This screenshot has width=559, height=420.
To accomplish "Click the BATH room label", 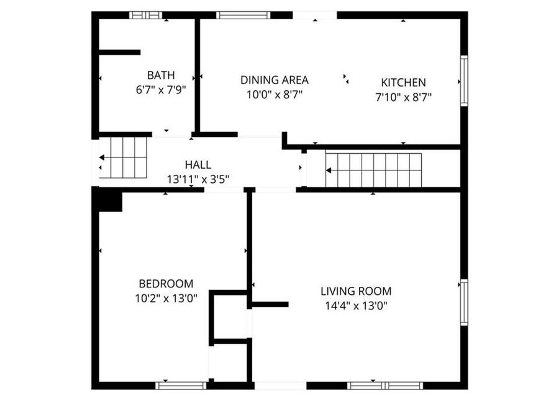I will tap(160, 75).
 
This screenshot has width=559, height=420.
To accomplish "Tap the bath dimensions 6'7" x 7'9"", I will tap(161, 90).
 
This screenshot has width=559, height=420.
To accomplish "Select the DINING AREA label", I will tap(275, 80).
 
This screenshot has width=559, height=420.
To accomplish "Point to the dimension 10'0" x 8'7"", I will tap(275, 95).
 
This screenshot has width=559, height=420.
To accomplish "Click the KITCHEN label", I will tap(403, 82).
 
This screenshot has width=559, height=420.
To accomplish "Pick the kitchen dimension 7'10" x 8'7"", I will tap(403, 96).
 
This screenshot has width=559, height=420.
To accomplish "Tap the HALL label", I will tap(198, 165).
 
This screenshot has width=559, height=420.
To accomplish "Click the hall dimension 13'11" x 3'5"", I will tap(198, 179).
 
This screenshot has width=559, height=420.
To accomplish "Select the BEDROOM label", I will tap(166, 283).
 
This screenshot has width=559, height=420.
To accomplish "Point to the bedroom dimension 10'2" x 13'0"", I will tap(166, 298).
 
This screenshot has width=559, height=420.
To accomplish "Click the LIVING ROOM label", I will tap(356, 291).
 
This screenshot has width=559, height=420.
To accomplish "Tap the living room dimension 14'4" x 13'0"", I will tap(356, 306).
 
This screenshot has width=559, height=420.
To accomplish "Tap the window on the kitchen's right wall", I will tap(463, 81).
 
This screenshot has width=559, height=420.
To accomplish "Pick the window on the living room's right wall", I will tap(463, 302).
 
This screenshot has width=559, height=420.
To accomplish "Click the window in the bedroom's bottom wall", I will tap(181, 385).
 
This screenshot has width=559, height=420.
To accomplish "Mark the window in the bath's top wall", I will tap(146, 15).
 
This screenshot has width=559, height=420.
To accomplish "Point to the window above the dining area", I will tap(243, 15).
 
